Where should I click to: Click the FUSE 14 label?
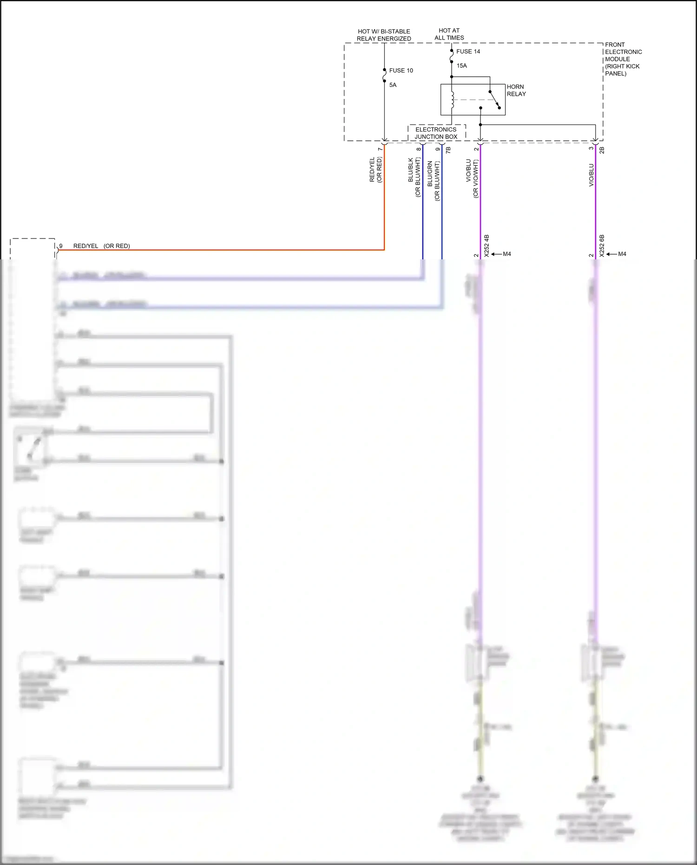pos(468,52)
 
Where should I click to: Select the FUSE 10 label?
pos(401,71)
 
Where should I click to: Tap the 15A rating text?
pos(461,66)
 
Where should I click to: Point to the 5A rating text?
pos(393,85)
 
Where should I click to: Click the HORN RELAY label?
pos(516,91)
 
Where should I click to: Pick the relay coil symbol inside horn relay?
pos(452,99)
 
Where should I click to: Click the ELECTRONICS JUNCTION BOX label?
pos(436,133)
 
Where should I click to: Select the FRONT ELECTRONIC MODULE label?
pos(623,59)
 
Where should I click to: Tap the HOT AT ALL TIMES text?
pos(449,34)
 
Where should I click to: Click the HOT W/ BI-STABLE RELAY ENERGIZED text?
pos(384,35)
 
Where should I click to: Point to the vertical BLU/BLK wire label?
pos(414,177)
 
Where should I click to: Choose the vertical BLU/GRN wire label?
pos(433,180)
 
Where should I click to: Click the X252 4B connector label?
pos(487,246)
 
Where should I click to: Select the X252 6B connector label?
pos(602,246)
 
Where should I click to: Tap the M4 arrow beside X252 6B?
pos(617,254)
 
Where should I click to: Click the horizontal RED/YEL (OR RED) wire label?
pos(101,246)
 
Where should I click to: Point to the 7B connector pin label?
pos(448,150)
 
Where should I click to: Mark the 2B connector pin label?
pos(602,150)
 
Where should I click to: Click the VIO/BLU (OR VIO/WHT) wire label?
pos(472,178)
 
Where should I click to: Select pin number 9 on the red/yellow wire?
pos(61,246)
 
